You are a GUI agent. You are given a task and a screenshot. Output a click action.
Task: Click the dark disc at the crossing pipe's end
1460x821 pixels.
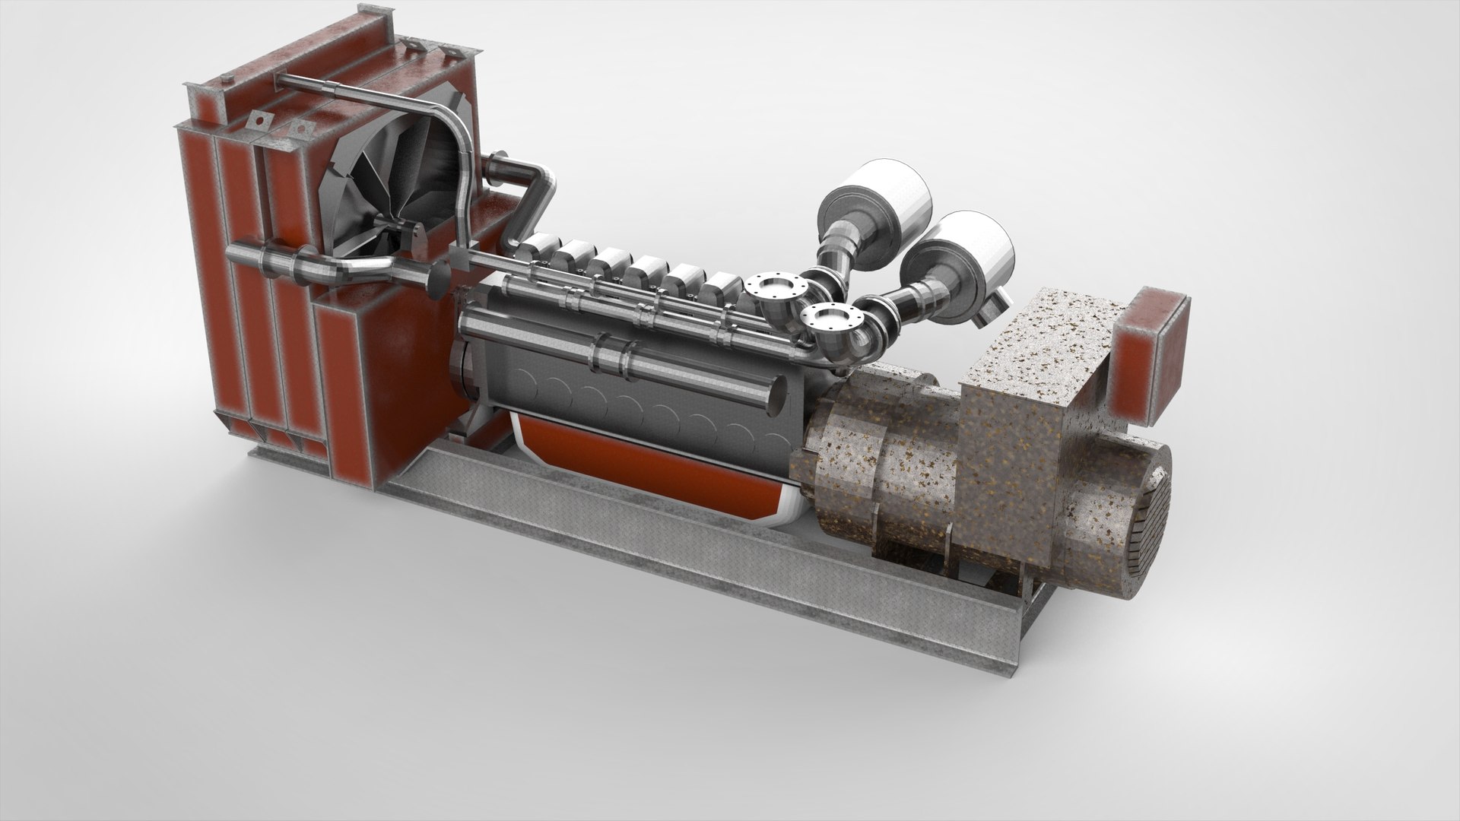439,279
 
